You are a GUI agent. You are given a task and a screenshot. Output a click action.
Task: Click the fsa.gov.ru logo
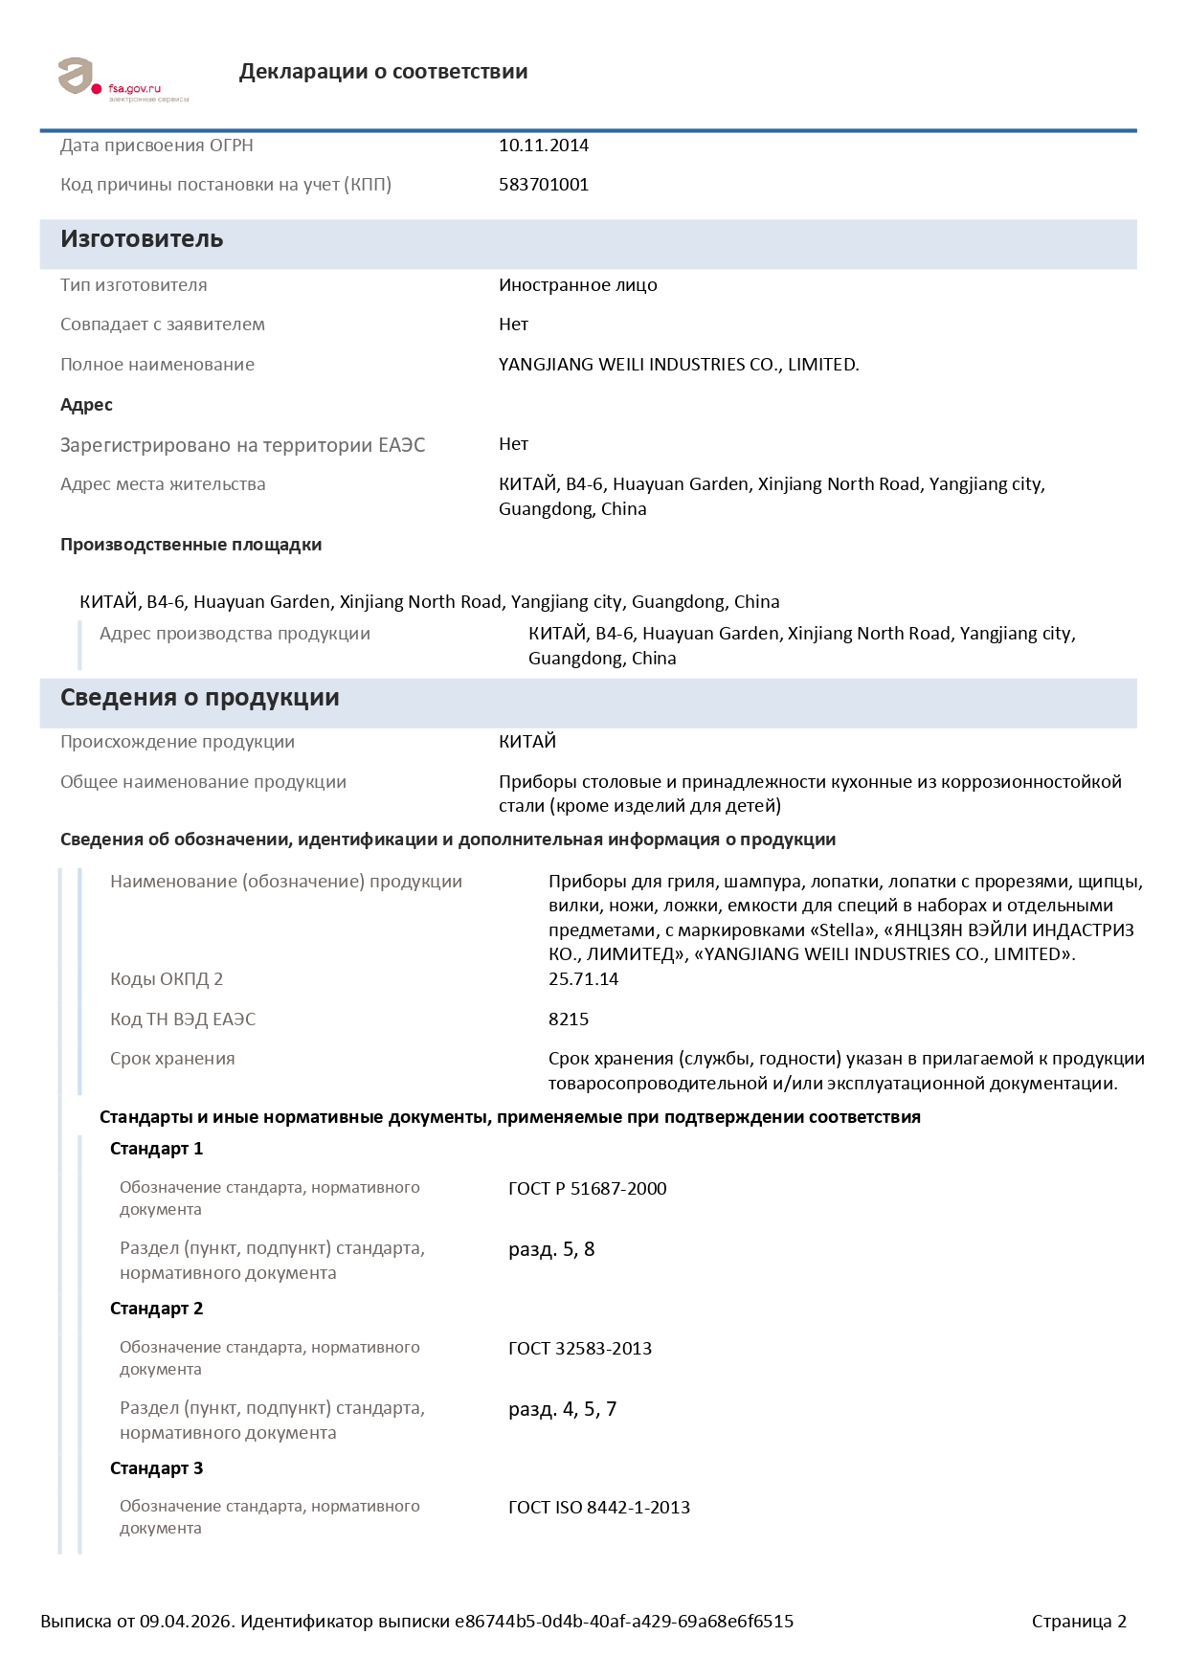tap(123, 78)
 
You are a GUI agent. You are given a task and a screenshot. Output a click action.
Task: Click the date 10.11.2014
tap(544, 146)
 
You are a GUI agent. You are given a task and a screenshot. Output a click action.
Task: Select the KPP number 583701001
tap(544, 185)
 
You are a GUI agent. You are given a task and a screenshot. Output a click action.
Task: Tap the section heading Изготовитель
tap(142, 239)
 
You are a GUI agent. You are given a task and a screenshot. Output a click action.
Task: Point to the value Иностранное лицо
tap(578, 285)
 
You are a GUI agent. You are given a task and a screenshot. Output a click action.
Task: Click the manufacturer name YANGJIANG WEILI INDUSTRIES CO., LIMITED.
tap(679, 365)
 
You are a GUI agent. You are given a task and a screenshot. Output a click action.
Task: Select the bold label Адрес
tap(86, 405)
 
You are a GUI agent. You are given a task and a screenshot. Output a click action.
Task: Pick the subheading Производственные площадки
tap(190, 545)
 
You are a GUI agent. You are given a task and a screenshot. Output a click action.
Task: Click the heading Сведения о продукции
tap(199, 698)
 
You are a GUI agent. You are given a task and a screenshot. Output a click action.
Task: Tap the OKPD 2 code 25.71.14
tap(583, 979)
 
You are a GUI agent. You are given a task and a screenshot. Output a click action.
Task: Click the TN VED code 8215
tap(569, 1019)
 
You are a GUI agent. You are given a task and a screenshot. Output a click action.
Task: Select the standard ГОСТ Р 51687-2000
tap(587, 1189)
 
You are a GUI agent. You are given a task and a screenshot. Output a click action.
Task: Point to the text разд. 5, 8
tap(551, 1249)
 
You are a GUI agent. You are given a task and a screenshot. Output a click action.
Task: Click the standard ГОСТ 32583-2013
tap(580, 1349)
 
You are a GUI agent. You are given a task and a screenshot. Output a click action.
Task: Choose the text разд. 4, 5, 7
tap(562, 1409)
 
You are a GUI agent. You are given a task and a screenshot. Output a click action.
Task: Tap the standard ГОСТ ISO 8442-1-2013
tap(599, 1508)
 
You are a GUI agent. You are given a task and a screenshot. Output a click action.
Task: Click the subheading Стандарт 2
tap(156, 1309)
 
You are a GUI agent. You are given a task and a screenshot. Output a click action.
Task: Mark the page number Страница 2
tap(1079, 1622)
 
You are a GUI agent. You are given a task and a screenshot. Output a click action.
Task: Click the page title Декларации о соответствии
tap(383, 72)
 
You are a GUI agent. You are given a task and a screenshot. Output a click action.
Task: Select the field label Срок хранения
tap(172, 1059)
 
